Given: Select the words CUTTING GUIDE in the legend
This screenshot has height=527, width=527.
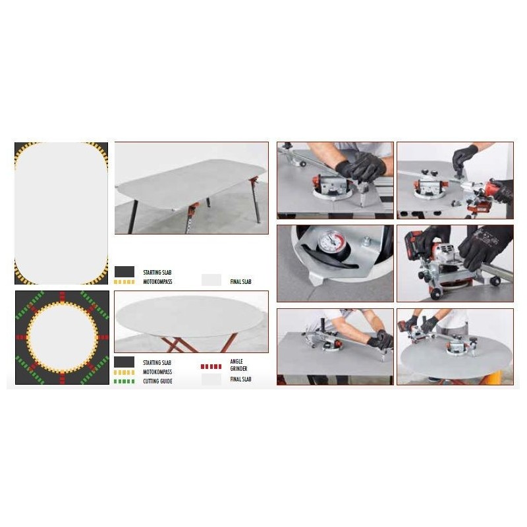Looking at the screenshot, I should point(157,381).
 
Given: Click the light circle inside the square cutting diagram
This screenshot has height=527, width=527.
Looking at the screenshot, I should point(61,337).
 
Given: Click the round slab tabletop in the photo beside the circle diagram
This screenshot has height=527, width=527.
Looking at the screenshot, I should point(190,317).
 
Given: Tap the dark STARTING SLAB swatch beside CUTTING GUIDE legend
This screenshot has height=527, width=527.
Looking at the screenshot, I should point(124,362).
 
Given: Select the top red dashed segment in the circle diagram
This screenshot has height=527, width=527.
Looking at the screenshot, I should point(61,295).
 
